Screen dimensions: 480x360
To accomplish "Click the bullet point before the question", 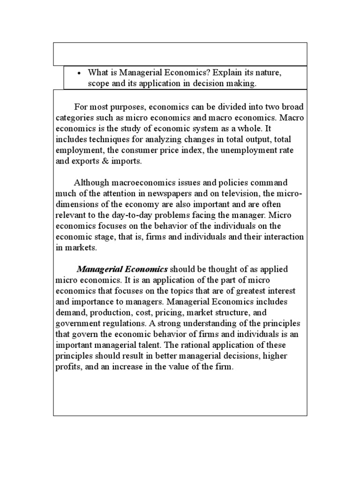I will (x=79, y=74).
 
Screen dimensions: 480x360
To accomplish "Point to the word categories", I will (x=74, y=117).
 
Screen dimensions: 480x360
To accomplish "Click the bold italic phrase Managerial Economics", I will (x=122, y=269).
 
